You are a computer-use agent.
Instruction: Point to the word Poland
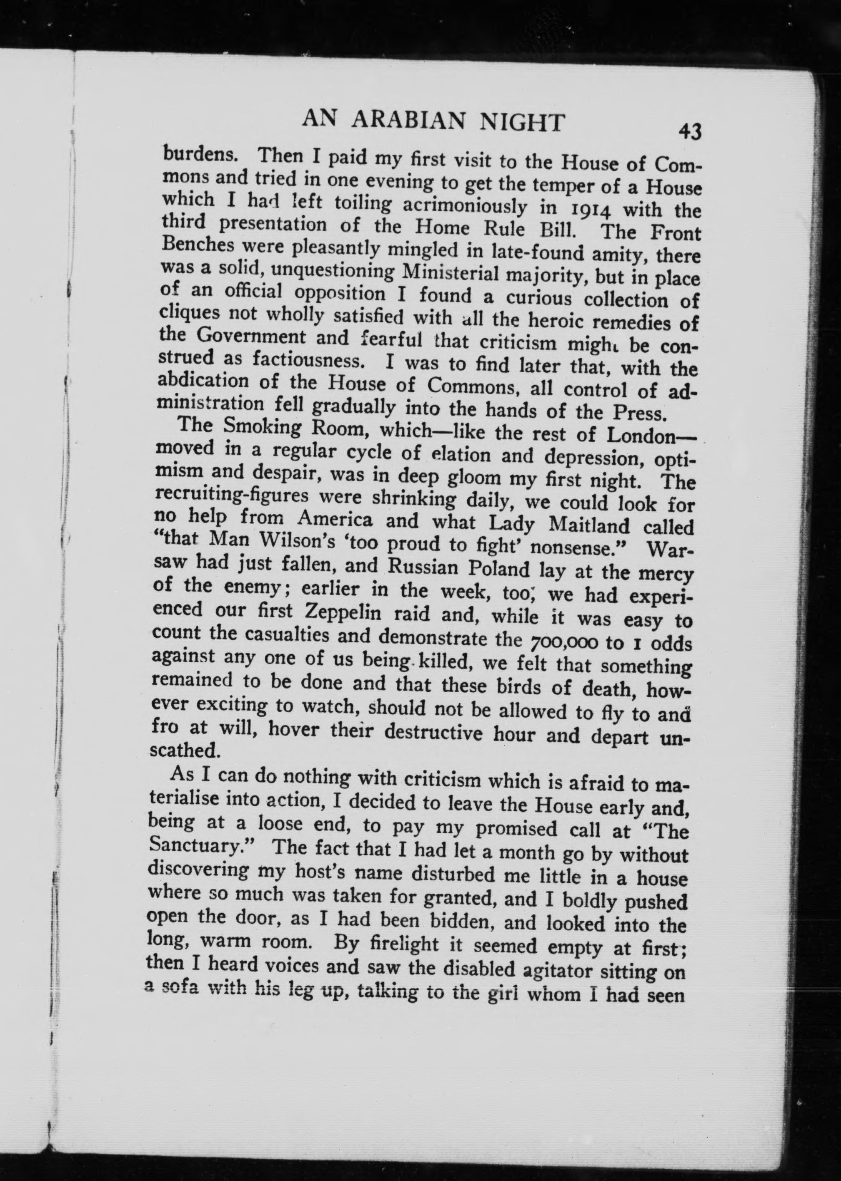(499, 569)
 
